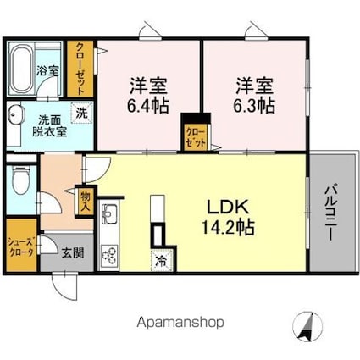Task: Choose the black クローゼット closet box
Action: [197, 136]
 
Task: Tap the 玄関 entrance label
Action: [70, 251]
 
